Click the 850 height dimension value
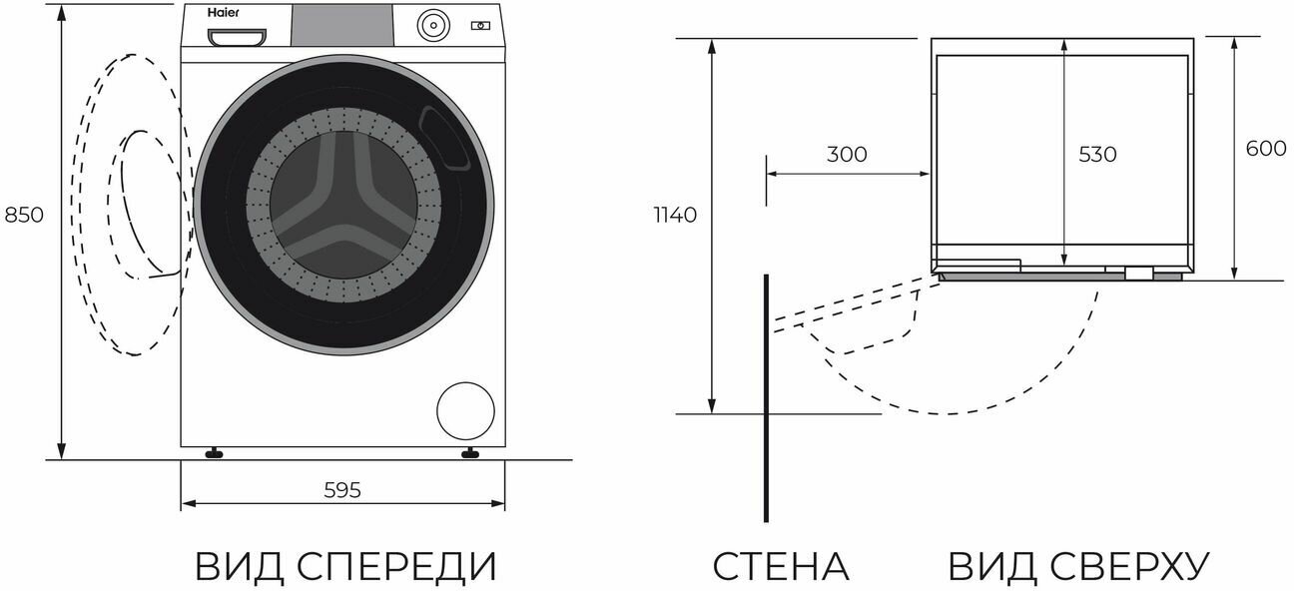click(x=25, y=215)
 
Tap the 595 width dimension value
click(x=342, y=490)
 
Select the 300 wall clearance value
click(x=847, y=155)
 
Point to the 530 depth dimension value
click(x=1097, y=155)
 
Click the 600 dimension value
click(x=1266, y=149)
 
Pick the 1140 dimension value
click(x=675, y=215)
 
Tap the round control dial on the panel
click(x=431, y=24)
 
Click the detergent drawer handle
click(x=238, y=37)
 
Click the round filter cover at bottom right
click(x=465, y=409)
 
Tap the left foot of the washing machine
click(x=213, y=452)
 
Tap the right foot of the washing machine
click(x=469, y=452)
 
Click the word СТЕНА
click(x=780, y=566)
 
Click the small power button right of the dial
click(x=480, y=24)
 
